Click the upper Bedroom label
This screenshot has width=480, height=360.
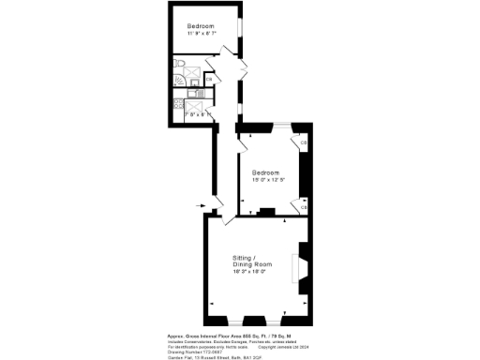tap(202, 25)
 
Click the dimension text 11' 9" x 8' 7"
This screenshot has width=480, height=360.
tap(202, 34)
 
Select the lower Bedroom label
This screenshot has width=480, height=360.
tap(268, 172)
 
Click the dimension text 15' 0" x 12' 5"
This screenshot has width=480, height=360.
tap(268, 181)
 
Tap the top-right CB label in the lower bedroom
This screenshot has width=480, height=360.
tap(305, 142)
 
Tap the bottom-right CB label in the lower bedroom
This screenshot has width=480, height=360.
tap(305, 206)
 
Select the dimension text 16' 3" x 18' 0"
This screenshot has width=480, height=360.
tap(250, 272)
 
